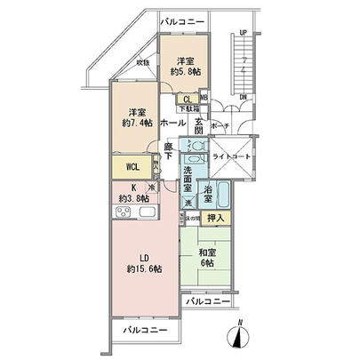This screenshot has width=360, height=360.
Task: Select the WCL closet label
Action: [131, 165]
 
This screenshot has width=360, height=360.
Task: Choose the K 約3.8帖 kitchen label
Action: [127, 192]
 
